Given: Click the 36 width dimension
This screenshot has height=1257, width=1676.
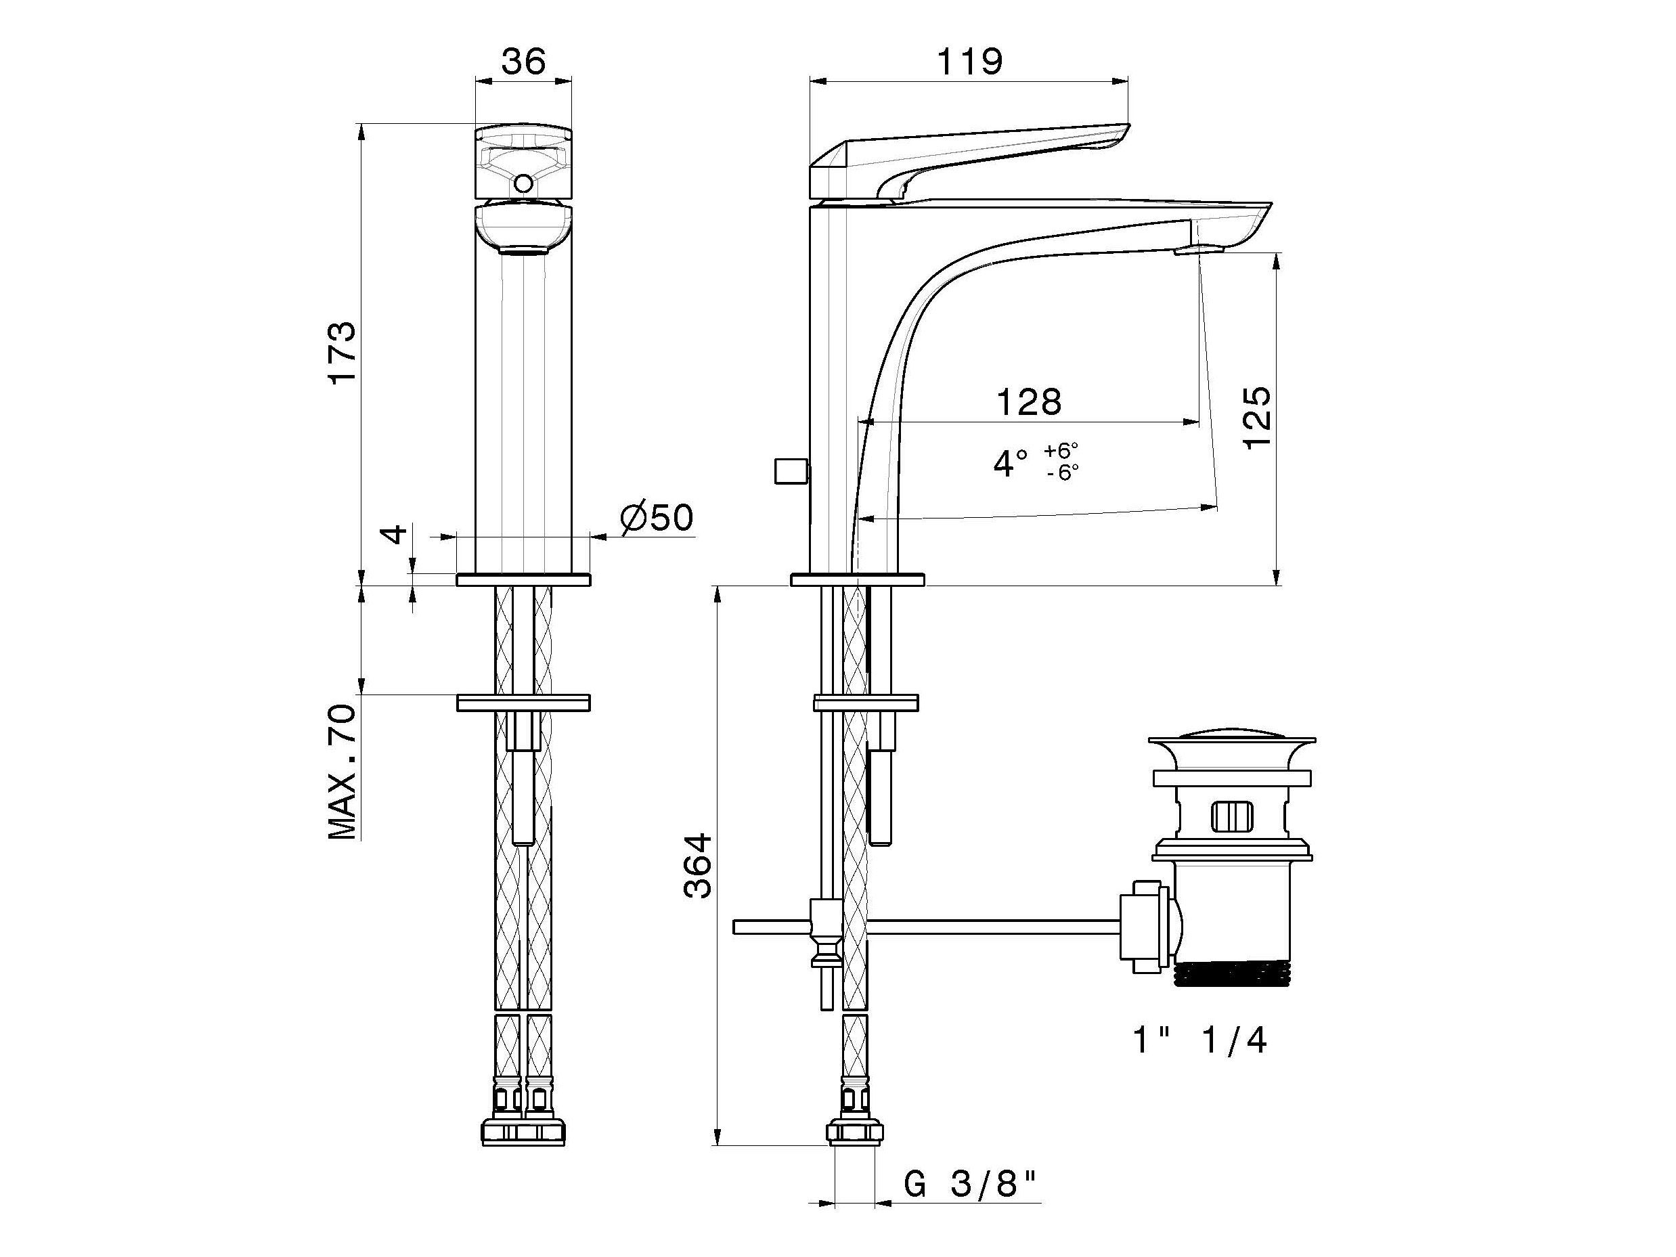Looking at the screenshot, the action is pyautogui.click(x=523, y=62).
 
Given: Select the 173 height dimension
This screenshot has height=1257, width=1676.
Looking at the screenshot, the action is pyautogui.click(x=342, y=353).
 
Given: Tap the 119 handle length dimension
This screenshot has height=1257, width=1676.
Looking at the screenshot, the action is pyautogui.click(x=970, y=62).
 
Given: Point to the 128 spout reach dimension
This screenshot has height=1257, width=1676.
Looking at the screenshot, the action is pyautogui.click(x=1028, y=401).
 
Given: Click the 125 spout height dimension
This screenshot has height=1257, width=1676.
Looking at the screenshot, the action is pyautogui.click(x=1256, y=418).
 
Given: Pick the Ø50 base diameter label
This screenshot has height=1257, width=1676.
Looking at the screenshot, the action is pyautogui.click(x=657, y=519).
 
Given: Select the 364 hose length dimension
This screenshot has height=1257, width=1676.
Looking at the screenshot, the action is pyautogui.click(x=698, y=866).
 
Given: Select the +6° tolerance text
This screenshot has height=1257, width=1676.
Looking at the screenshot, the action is pyautogui.click(x=1061, y=451).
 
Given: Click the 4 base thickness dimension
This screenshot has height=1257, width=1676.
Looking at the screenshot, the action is pyautogui.click(x=395, y=534).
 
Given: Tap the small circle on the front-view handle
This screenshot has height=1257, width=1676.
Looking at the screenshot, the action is pyautogui.click(x=523, y=183).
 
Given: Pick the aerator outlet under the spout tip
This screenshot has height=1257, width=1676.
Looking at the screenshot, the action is pyautogui.click(x=1199, y=250).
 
